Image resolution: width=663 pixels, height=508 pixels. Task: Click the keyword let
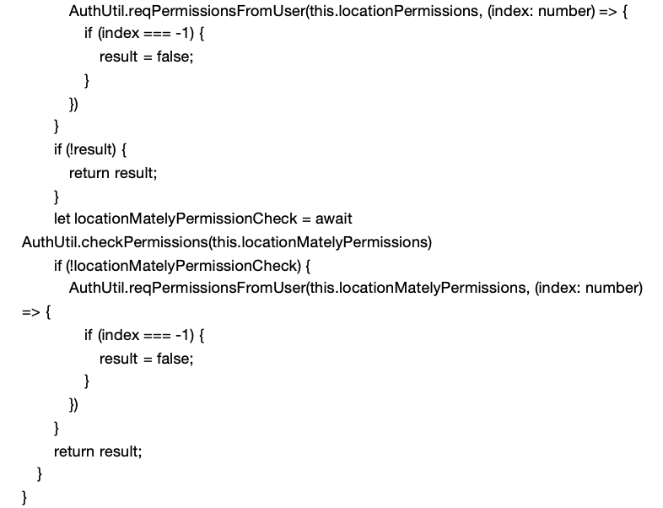coord(62,219)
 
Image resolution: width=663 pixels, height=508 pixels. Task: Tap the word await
coord(333,219)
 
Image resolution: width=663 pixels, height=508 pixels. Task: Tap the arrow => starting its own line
coord(31,312)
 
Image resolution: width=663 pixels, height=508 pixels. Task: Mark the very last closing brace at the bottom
coord(24,496)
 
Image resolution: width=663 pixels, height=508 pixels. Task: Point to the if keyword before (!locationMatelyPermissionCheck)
coord(57,266)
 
